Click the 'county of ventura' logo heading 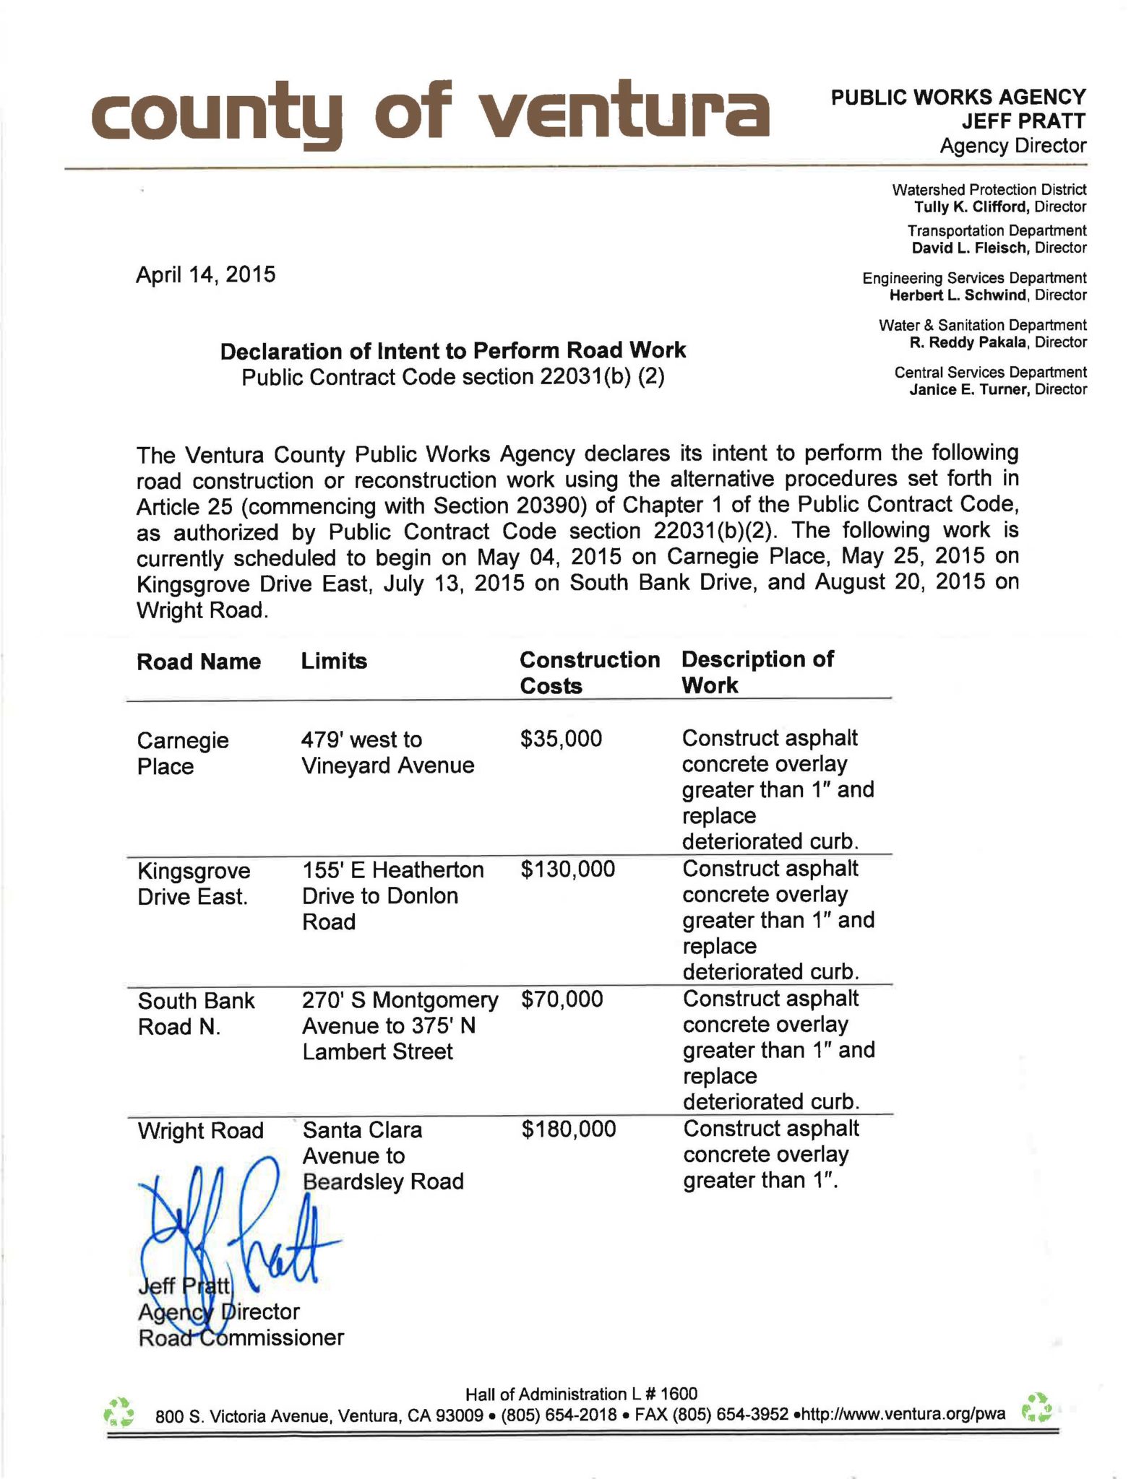tap(429, 114)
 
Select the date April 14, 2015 tap(206, 275)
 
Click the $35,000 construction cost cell tap(561, 739)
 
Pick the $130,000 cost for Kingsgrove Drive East tap(567, 869)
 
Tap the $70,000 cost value tap(562, 999)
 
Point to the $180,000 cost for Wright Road tap(569, 1129)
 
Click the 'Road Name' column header tap(199, 662)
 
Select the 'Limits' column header tap(334, 661)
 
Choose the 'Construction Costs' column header tap(589, 672)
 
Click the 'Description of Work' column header tap(757, 672)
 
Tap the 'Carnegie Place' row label tap(183, 752)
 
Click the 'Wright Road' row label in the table tap(200, 1130)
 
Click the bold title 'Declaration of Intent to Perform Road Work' tap(452, 351)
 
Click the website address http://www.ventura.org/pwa tap(903, 1414)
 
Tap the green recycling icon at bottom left tap(119, 1411)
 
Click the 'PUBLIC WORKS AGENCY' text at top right tap(958, 97)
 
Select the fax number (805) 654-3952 tap(730, 1414)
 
